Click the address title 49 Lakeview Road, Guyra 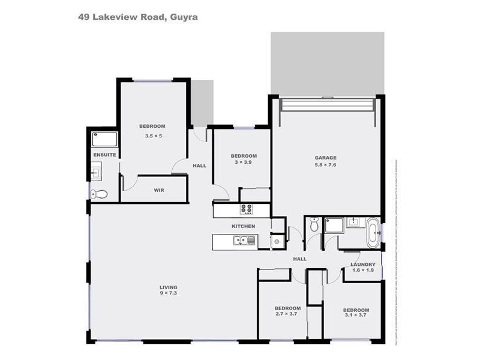coord(137,17)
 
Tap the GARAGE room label coord(325,158)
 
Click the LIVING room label coord(167,286)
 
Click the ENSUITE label coord(104,155)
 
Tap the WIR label coord(159,190)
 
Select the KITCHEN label coord(244,226)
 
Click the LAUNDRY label coord(363,264)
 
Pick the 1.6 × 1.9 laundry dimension coord(363,271)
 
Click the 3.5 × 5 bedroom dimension coord(154,136)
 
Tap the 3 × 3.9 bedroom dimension coord(244,163)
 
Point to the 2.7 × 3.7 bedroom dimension coord(287,314)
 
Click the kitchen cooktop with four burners coord(246,209)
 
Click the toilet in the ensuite coord(98,194)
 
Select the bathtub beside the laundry coord(373,232)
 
